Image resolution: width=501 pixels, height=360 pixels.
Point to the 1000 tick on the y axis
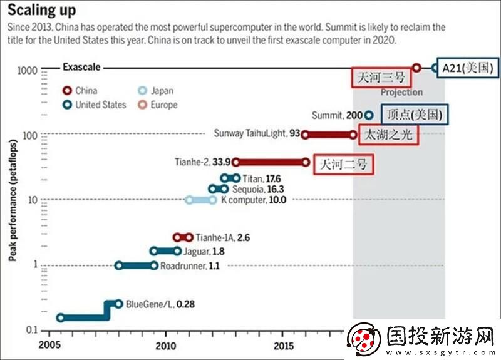pos(28,69)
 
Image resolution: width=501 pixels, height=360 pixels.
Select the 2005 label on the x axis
pos(48,345)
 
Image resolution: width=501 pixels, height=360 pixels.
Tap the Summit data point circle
pos(369,115)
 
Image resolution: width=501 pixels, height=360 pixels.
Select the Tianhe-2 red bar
pos(271,162)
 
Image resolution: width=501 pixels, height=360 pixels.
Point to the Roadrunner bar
pos(137,265)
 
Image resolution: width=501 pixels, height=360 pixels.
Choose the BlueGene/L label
pos(150,304)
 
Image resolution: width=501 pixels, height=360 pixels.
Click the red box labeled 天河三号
pos(381,78)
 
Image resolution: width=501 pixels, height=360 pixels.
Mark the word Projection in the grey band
pos(401,92)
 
